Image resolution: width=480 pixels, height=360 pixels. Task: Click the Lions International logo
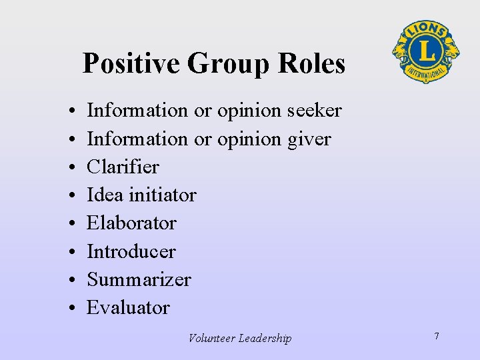pos(425,51)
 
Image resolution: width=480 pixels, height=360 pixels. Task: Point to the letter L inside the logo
pos(425,51)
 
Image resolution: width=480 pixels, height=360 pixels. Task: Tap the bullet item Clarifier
pos(123,167)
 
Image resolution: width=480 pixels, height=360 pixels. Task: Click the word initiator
pos(163,195)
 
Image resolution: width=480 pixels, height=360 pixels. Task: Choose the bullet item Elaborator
pos(131,223)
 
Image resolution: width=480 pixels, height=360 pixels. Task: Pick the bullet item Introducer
pos(131,251)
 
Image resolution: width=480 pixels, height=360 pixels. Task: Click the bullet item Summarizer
pos(139,279)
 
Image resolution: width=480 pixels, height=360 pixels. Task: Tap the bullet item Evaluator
pos(129,307)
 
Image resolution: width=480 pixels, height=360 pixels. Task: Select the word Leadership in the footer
pos(266,338)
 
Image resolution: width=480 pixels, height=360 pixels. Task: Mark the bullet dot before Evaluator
pos(70,308)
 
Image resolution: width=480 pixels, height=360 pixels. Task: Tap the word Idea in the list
pos(105,195)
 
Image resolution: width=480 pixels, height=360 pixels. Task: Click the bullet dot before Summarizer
pos(70,280)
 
